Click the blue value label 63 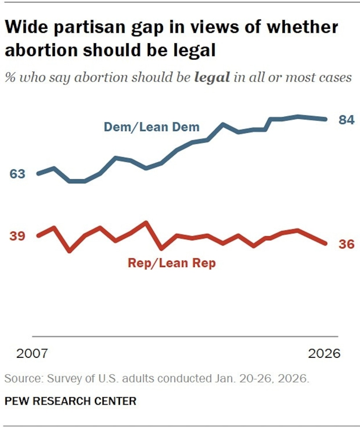[x=17, y=174]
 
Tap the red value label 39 [x=17, y=236]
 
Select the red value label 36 [x=346, y=244]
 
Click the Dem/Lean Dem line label [x=151, y=127]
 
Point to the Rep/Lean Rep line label [x=172, y=263]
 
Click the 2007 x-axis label [x=32, y=353]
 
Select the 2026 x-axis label [x=324, y=353]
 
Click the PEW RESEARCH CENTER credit [x=71, y=401]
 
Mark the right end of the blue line [x=326, y=119]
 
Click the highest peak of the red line [x=146, y=222]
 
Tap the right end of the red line [x=326, y=243]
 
